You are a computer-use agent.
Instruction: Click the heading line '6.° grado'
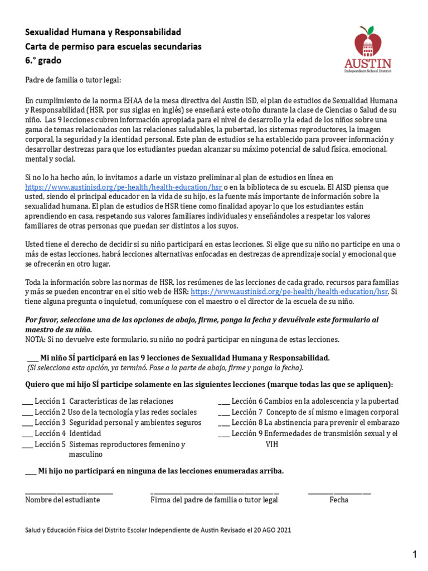[43, 60]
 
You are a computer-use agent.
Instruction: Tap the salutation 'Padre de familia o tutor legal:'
[72, 80]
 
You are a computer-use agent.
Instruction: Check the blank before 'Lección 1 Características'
[27, 402]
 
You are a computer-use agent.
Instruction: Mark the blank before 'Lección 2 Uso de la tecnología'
[27, 413]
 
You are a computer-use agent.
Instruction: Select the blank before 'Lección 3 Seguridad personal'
[27, 423]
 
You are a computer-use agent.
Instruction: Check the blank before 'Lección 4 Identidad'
[27, 434]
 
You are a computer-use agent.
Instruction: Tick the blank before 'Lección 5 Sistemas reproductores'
[27, 445]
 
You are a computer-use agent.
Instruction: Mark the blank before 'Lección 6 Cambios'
[223, 402]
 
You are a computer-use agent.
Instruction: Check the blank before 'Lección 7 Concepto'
[223, 413]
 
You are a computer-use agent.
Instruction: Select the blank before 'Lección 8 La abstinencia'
[223, 423]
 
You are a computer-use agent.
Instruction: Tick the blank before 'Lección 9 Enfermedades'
[223, 434]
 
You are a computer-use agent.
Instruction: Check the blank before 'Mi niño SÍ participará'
[33, 359]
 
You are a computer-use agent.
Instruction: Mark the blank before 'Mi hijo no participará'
[31, 472]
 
